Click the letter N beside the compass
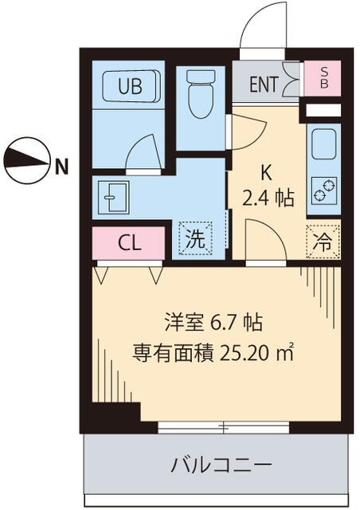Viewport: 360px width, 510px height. click(x=61, y=167)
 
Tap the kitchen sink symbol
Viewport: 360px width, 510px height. click(x=323, y=145)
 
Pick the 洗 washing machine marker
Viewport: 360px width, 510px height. click(x=195, y=237)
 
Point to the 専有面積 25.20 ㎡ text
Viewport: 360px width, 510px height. click(x=213, y=352)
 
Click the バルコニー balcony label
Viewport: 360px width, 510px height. click(x=213, y=464)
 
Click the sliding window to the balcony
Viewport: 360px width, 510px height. click(x=223, y=427)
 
